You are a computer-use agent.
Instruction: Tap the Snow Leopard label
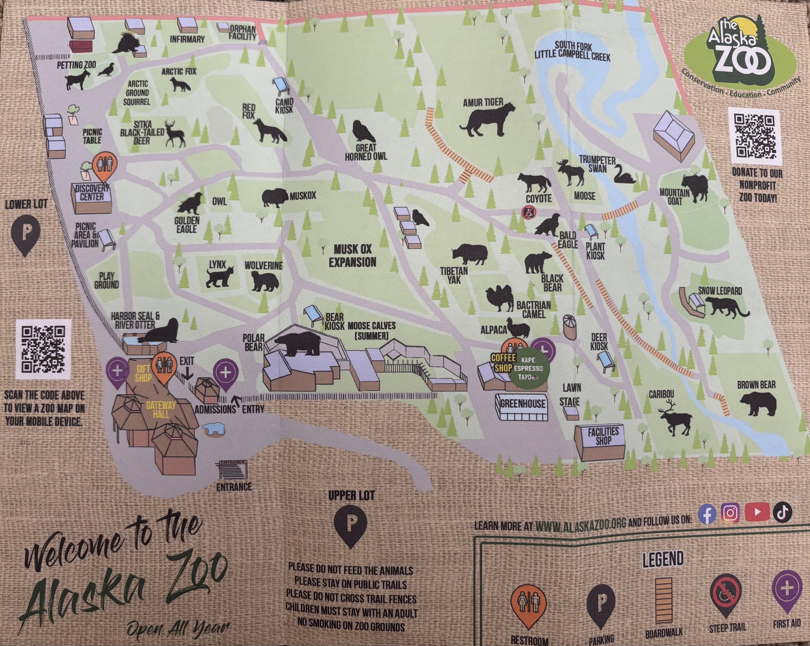[x=720, y=291]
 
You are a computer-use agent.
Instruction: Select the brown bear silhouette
[x=757, y=404]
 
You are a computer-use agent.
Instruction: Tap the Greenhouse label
[x=522, y=404]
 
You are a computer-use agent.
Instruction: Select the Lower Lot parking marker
[x=25, y=235]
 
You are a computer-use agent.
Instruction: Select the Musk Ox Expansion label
[x=352, y=256]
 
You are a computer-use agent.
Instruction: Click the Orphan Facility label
[x=242, y=33]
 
